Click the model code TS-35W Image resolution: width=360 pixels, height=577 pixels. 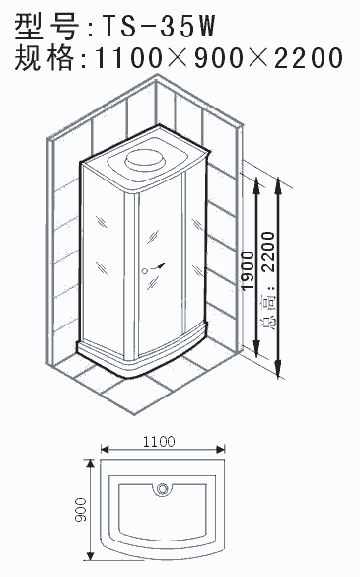click(159, 27)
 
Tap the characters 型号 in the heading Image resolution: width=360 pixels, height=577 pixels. click(46, 27)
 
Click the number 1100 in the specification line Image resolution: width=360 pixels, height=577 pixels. click(127, 58)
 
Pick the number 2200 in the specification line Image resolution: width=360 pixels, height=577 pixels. click(309, 58)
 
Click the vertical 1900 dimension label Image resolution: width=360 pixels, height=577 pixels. click(247, 270)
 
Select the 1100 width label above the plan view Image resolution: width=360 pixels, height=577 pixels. click(159, 441)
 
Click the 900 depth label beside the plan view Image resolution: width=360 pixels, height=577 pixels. click(80, 510)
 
